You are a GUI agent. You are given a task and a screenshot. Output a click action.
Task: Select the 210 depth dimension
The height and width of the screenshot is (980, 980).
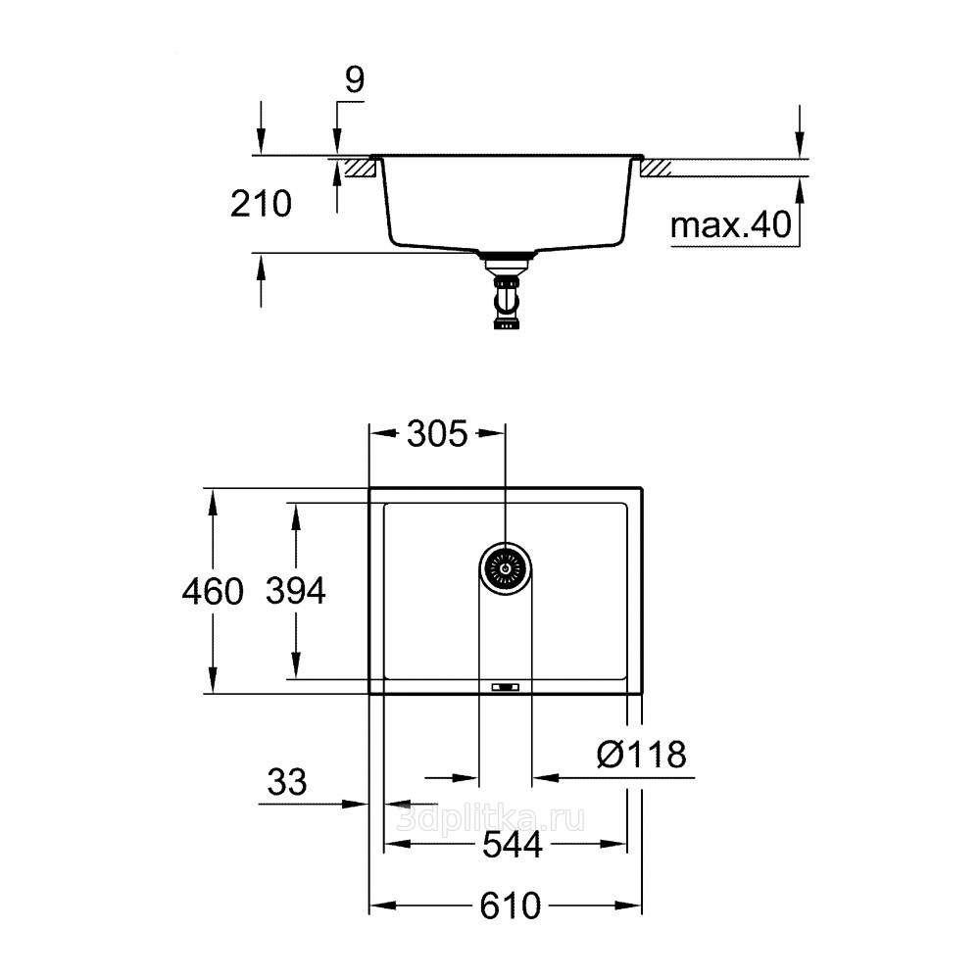tap(261, 204)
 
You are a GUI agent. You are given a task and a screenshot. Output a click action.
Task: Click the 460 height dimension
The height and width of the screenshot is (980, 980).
tap(213, 592)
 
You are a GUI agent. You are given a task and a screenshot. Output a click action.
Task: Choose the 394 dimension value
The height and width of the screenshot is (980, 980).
tap(296, 591)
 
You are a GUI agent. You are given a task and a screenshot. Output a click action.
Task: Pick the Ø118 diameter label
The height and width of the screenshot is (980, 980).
tap(641, 754)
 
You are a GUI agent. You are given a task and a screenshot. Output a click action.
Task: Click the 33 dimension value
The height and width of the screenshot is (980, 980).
tap(286, 782)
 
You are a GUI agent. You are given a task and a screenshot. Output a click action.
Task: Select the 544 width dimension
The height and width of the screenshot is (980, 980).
tap(505, 845)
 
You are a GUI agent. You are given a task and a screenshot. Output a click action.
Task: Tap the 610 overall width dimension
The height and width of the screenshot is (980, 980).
tap(505, 906)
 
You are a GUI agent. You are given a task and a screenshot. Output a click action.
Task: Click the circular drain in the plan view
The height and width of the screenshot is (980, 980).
tap(506, 567)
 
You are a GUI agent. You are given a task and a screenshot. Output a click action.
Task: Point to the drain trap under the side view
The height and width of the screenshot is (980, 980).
tap(507, 294)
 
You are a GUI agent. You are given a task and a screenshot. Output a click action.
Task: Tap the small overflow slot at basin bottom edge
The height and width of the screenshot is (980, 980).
tap(506, 687)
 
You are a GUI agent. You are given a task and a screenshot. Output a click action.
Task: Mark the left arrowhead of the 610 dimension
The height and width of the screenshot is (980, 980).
tap(377, 906)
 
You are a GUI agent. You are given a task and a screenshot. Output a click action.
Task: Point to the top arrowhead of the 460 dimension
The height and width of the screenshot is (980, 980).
tap(213, 498)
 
